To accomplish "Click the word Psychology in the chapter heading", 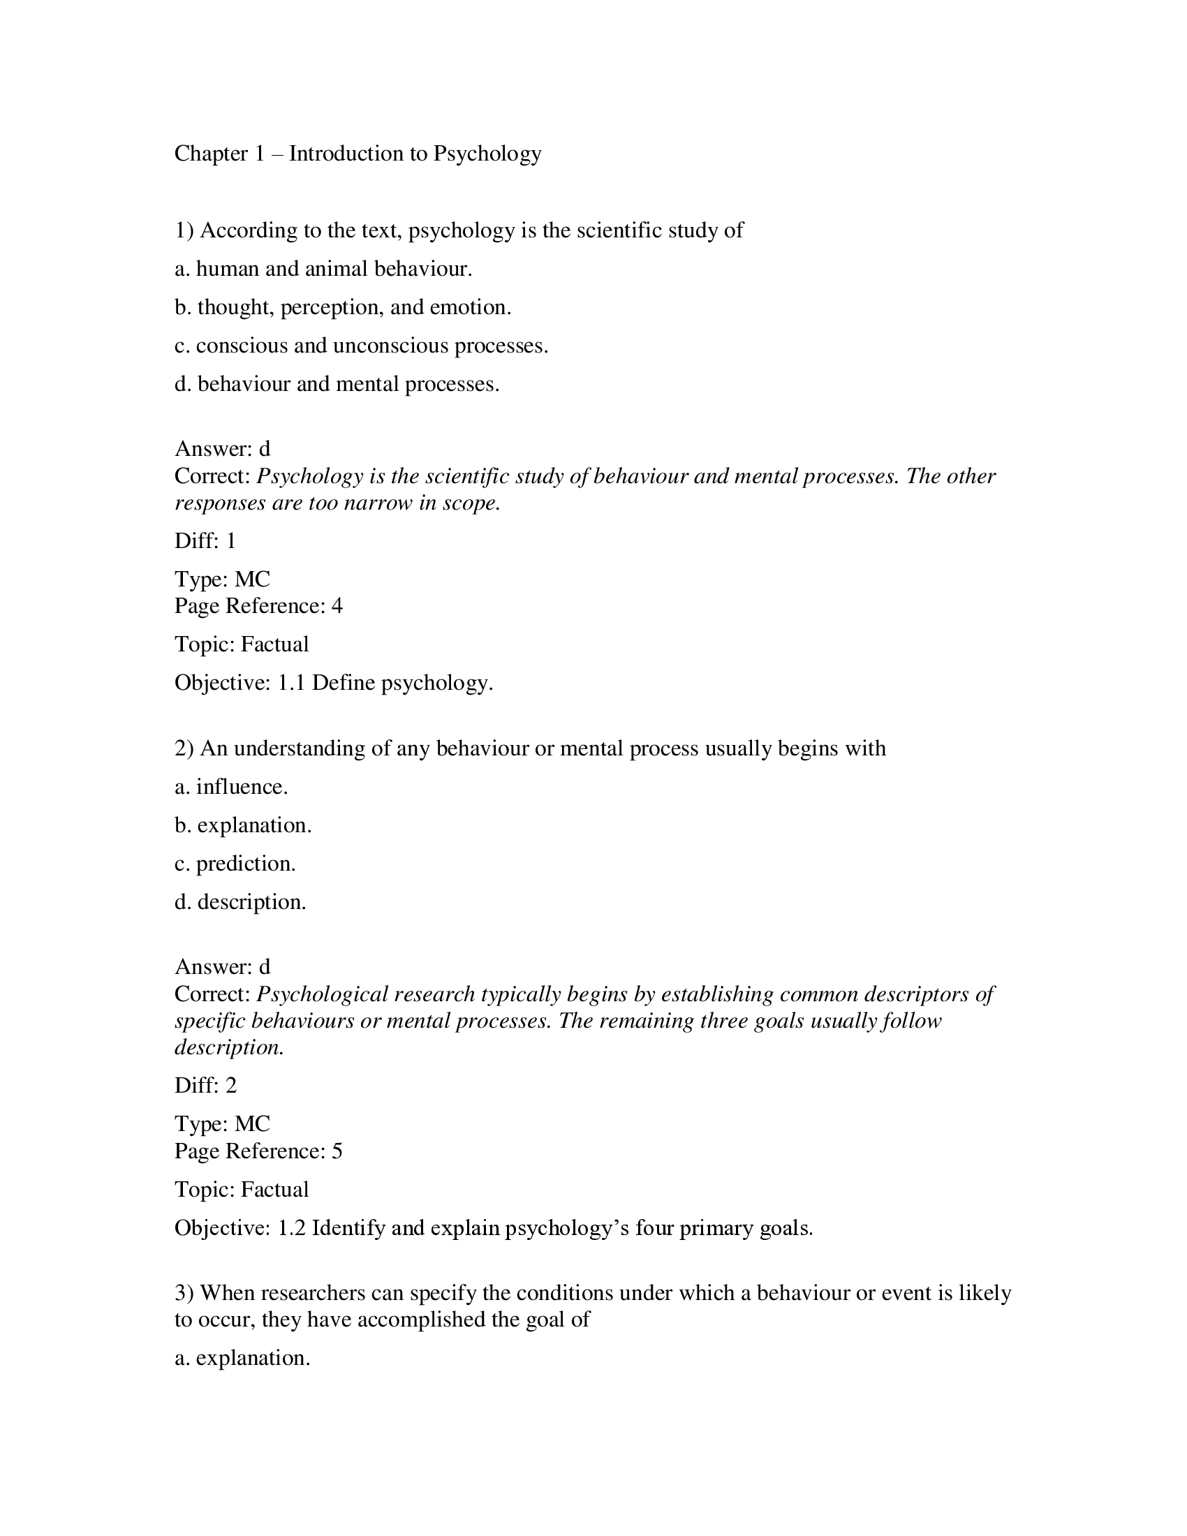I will point(487,154).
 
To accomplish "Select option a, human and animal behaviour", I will point(323,269).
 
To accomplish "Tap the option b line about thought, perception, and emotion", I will point(342,307).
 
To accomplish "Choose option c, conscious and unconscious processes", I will point(361,346).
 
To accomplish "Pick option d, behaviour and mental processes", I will point(337,384).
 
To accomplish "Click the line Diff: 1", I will point(205,541).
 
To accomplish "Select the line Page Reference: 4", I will point(258,605).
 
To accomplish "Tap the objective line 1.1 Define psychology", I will point(333,683).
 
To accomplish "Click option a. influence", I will point(231,786).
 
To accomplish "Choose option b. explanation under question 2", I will point(242,825).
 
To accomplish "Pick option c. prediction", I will point(235,864).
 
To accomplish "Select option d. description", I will point(240,901).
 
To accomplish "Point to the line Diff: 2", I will point(205,1085).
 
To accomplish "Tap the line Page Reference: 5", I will point(258,1151).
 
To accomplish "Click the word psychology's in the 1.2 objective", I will point(567,1228).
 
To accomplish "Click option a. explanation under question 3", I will point(242,1357).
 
